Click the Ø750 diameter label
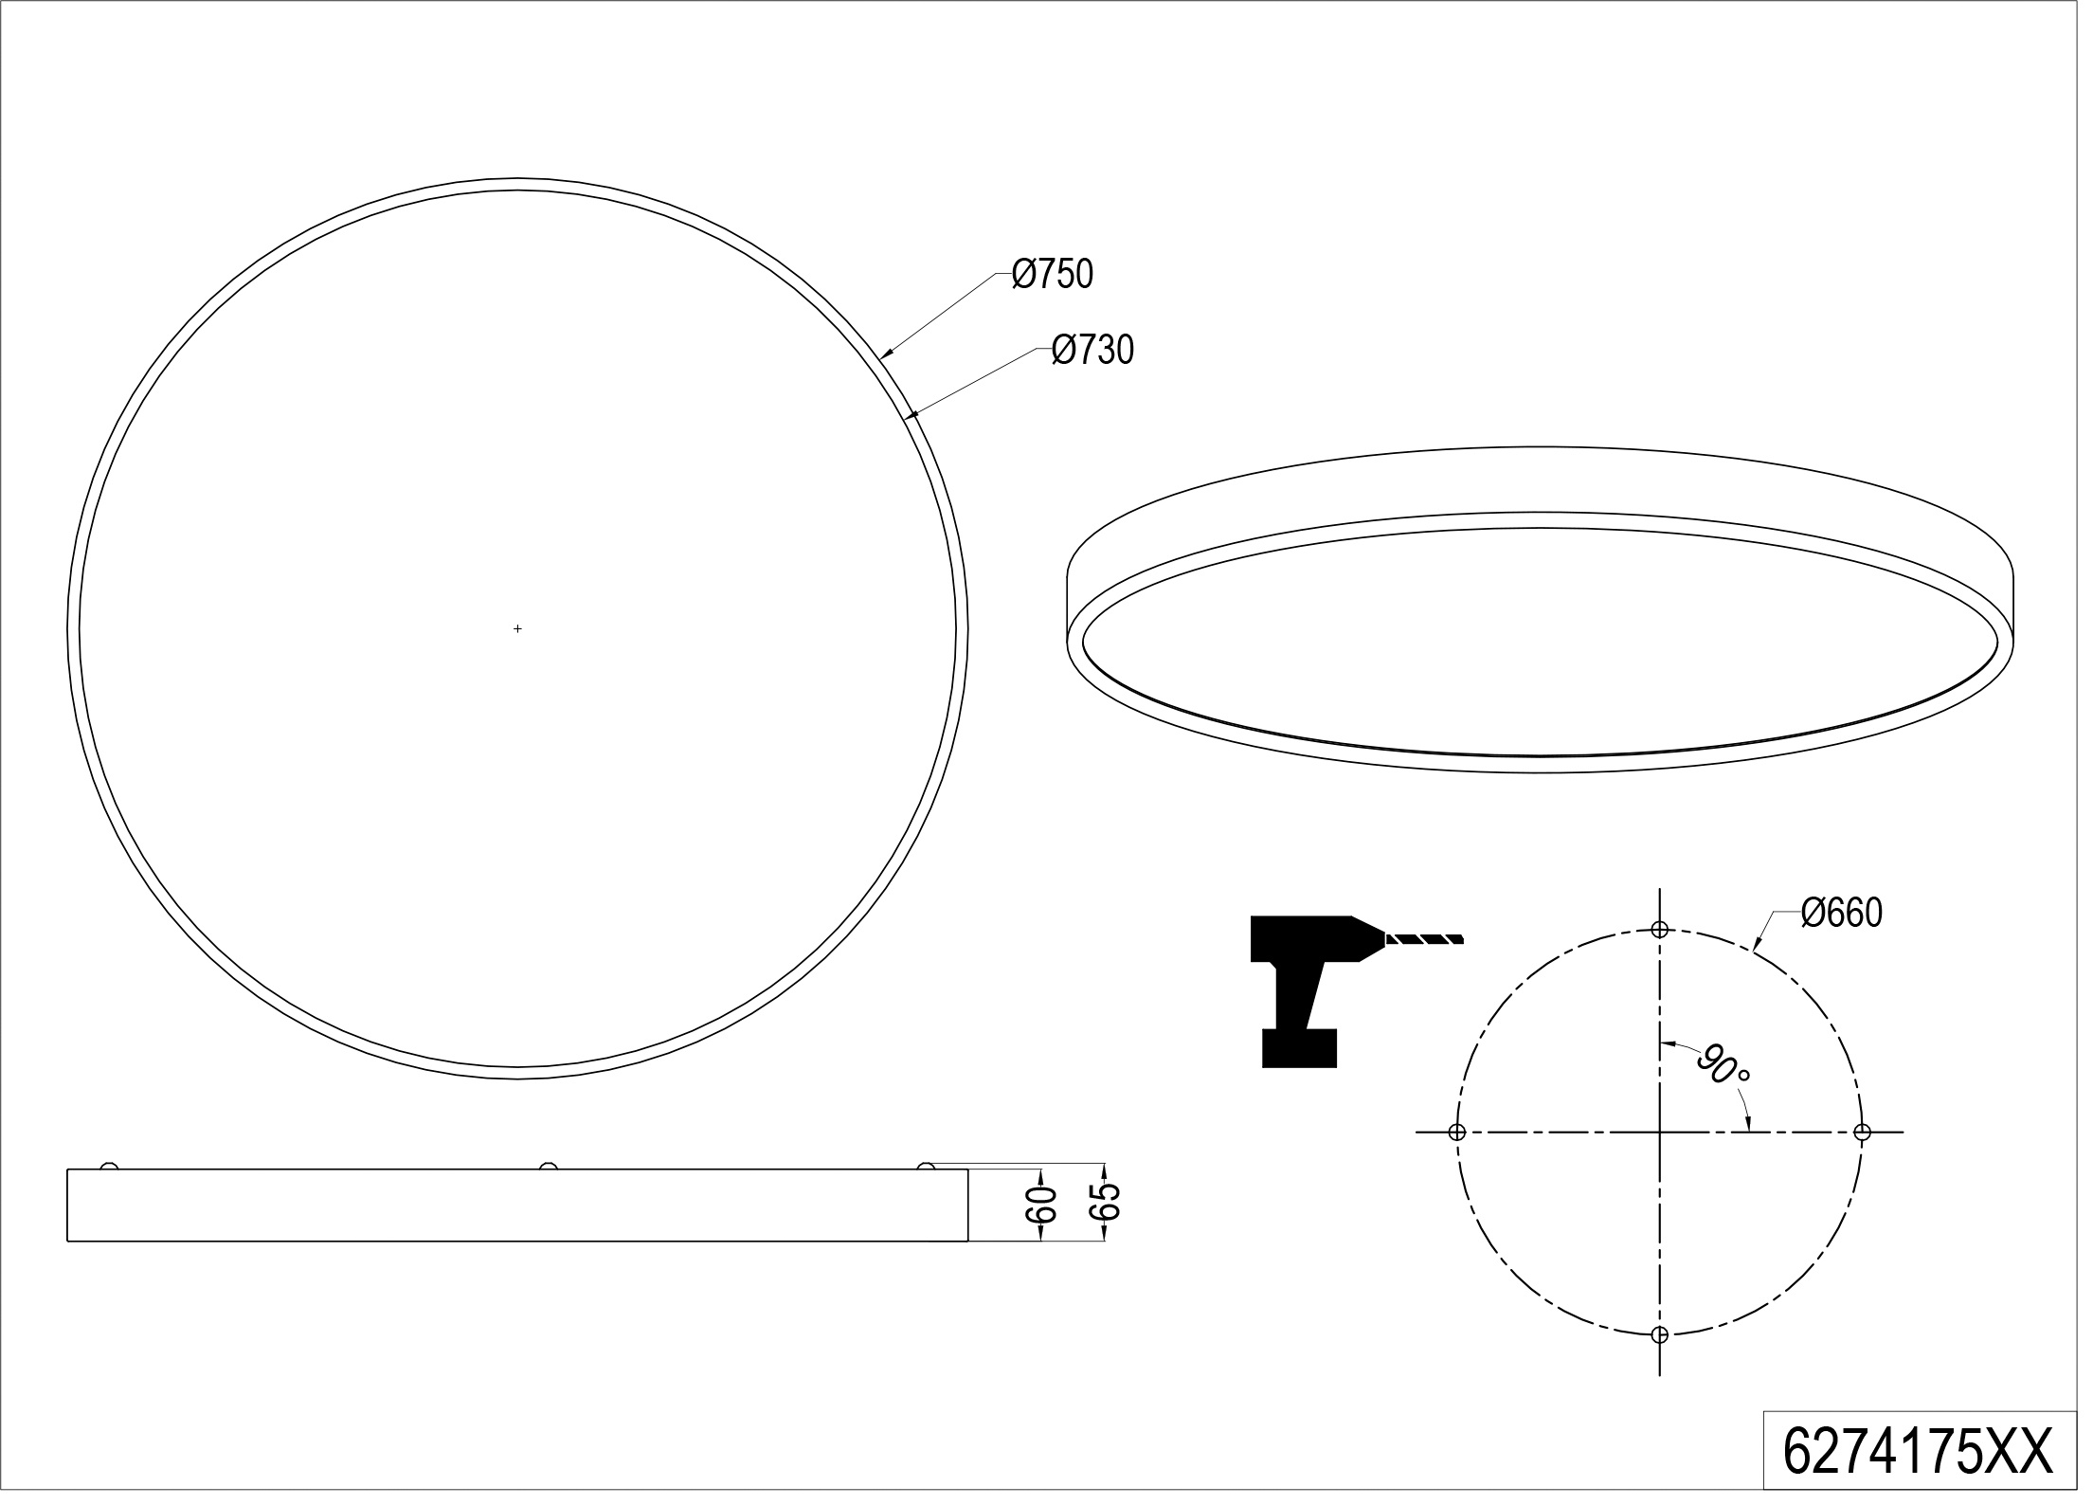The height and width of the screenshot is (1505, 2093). click(1052, 275)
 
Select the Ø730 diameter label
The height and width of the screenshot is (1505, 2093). click(1092, 351)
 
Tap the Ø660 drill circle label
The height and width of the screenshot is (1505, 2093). click(1841, 914)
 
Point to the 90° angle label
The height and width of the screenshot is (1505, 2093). click(1724, 1065)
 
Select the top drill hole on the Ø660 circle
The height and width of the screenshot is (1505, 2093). click(1659, 930)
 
